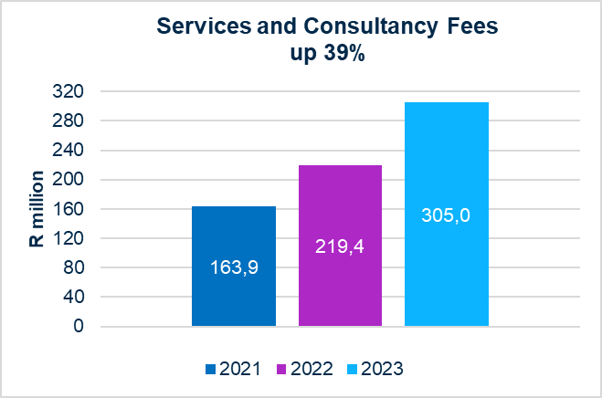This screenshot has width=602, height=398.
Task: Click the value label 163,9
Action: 234,270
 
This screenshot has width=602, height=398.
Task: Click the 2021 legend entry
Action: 233,369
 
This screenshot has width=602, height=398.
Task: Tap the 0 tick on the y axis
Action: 79,326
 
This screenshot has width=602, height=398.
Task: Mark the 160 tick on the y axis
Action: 71,209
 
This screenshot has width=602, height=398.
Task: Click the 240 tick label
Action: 71,151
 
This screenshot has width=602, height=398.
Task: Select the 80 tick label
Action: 75,267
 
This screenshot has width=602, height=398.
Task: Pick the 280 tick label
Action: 71,120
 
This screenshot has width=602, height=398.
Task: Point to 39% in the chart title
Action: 342,54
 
